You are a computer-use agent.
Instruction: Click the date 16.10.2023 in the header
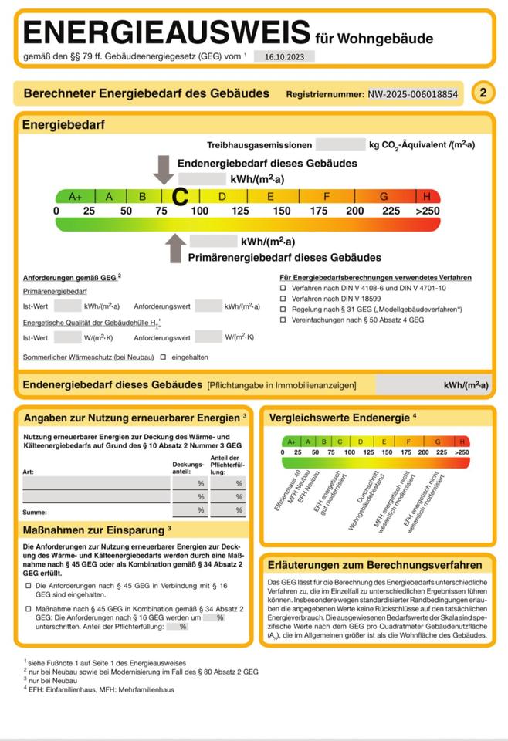click(x=283, y=56)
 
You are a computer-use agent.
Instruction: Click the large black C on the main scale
click(x=180, y=197)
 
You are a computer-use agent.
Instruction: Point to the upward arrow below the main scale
click(x=176, y=248)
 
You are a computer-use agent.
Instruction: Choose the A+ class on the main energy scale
click(x=75, y=197)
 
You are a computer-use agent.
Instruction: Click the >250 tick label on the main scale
click(x=427, y=211)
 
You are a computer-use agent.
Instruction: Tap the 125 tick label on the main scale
click(x=240, y=211)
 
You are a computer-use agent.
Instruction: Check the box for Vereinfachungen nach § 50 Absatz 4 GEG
click(x=283, y=320)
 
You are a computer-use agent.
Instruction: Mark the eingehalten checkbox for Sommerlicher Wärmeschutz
click(x=163, y=357)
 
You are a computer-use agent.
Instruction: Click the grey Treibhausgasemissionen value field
click(x=340, y=144)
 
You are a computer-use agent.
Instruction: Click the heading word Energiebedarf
click(x=63, y=124)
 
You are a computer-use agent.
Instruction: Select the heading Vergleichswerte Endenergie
click(x=338, y=418)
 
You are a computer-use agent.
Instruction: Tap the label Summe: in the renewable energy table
click(x=35, y=512)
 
